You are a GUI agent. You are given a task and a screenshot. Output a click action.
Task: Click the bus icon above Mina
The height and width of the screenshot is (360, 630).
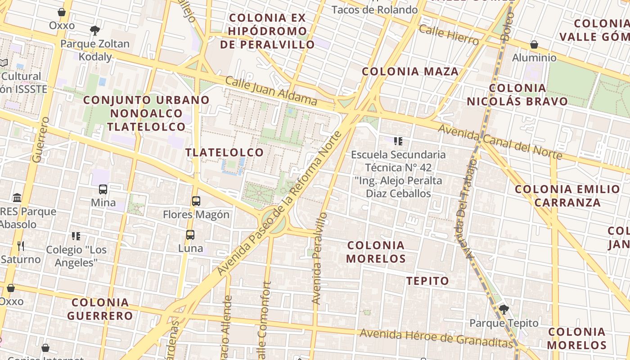pos(103,189)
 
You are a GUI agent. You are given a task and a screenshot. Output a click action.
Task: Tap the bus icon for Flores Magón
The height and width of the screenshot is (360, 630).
pos(196,201)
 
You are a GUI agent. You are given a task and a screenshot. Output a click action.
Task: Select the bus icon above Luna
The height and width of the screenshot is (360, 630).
pos(190,234)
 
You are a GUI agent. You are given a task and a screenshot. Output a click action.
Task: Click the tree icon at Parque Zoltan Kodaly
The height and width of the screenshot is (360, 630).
pos(94,31)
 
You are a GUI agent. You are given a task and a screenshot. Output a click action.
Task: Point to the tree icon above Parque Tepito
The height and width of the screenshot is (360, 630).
pos(504,309)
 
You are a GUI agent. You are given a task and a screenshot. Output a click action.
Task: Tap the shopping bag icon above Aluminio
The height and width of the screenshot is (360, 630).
pos(534,45)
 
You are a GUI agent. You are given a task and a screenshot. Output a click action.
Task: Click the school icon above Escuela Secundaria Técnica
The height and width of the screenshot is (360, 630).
pos(398,142)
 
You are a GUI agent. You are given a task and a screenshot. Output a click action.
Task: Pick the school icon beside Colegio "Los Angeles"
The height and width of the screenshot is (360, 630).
pos(76,236)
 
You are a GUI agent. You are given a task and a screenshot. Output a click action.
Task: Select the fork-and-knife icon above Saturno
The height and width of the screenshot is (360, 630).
pos(20,246)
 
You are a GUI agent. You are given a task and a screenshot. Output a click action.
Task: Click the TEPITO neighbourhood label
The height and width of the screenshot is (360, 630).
pos(427,281)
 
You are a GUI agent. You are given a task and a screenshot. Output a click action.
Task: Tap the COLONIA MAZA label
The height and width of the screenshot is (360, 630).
pos(410,72)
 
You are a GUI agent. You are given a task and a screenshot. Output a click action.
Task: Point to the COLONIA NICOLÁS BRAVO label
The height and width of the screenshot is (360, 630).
pos(517,94)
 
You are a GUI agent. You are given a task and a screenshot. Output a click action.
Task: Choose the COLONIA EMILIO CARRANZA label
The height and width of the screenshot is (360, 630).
pos(567,195)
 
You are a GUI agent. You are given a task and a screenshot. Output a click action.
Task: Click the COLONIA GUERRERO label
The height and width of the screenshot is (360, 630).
pos(100,309)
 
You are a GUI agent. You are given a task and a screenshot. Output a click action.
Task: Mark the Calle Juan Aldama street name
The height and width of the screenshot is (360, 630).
pos(271,90)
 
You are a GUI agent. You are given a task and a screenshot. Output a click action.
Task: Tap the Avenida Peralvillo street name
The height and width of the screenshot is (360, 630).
pos(319,258)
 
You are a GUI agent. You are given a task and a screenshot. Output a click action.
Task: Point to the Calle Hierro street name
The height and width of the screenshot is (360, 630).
pos(448,35)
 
